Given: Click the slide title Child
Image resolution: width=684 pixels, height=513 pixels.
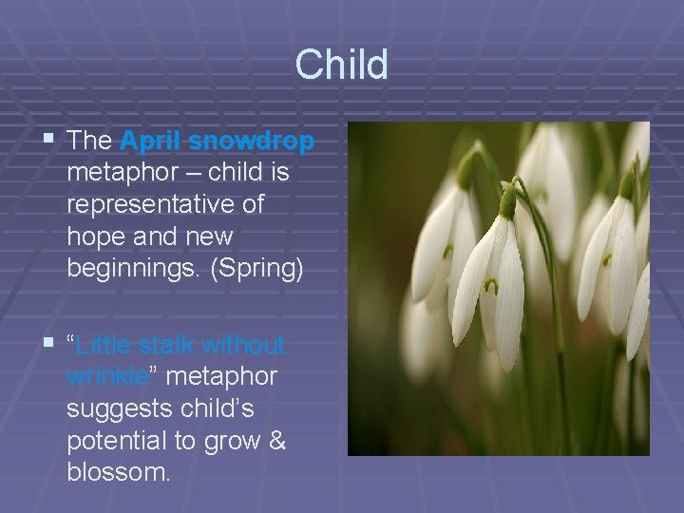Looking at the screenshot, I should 341,66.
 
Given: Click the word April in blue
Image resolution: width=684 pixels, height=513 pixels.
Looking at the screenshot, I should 151,142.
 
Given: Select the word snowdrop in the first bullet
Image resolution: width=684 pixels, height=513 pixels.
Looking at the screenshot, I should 252,142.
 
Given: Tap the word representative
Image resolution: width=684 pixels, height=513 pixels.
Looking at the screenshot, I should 165,205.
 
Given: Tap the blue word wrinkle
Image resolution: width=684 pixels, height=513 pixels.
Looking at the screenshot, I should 107,376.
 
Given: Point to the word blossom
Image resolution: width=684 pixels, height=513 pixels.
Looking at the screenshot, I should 117,472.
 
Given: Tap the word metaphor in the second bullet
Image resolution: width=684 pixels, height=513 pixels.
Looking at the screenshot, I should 221,376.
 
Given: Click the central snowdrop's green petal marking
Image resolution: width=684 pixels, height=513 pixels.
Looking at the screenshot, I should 491,286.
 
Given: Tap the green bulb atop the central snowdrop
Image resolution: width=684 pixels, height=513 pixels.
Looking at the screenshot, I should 508,202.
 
